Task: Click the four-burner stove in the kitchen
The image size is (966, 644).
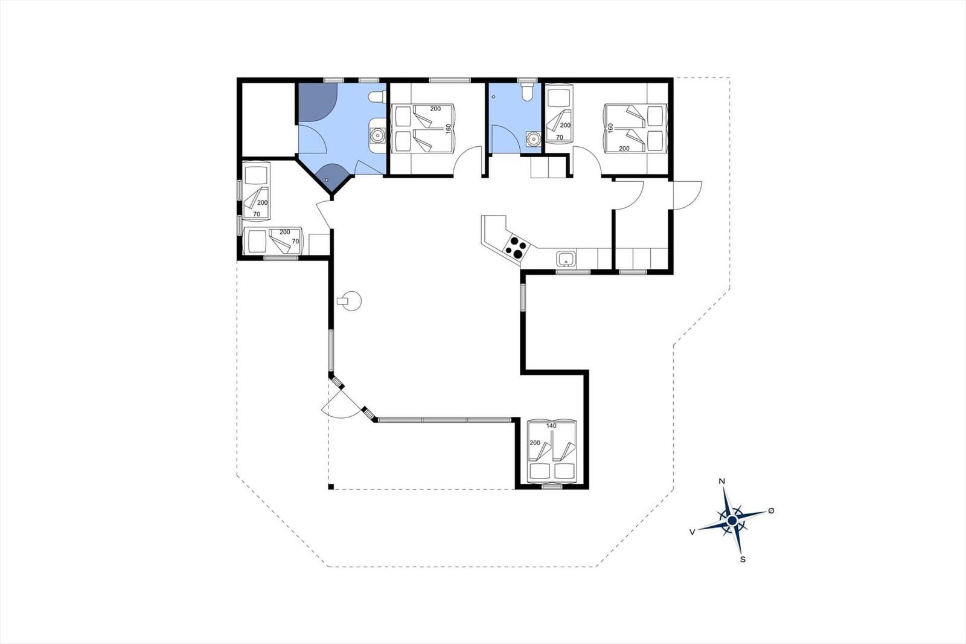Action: click(x=516, y=248)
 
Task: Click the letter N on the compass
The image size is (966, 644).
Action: click(x=721, y=481)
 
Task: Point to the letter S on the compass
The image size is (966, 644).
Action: click(x=743, y=559)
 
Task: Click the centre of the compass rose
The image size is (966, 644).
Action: click(x=732, y=521)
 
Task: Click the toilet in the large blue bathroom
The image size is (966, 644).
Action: click(x=377, y=97)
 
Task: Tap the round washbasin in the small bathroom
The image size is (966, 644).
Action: click(x=534, y=139)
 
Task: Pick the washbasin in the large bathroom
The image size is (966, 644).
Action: click(x=378, y=135)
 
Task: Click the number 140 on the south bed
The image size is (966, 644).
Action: click(x=551, y=425)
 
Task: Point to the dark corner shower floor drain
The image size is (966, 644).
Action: click(x=327, y=179)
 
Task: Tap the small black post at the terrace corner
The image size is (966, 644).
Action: click(x=331, y=487)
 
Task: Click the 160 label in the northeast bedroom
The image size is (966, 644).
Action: click(x=610, y=128)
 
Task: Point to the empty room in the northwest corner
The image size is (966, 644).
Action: click(x=268, y=120)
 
